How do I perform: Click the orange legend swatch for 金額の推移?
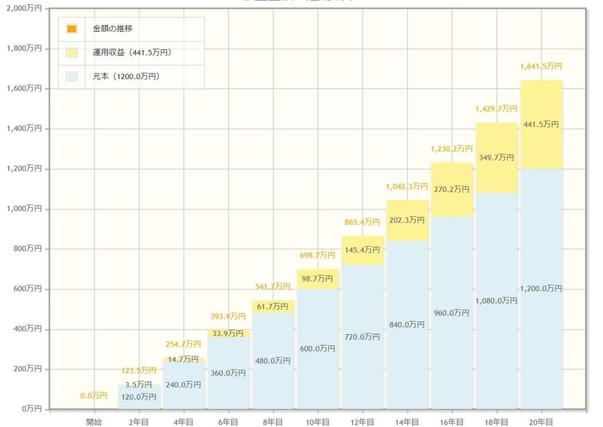coord(72,29)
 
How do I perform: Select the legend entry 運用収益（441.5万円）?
coord(131,53)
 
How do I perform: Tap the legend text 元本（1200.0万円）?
coord(125,76)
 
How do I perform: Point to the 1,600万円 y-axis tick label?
coord(24,89)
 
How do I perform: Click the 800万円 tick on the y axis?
coord(27,249)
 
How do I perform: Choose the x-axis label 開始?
coord(94,421)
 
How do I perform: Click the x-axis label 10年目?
coord(317,421)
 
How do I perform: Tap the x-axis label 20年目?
coord(541,421)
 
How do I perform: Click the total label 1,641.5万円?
coord(541,67)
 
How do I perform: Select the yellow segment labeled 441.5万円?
coord(541,124)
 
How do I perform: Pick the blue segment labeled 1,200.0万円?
coord(541,288)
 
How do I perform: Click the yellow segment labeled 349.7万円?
coord(496,158)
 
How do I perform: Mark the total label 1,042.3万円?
coord(406,186)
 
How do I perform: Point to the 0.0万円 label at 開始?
coord(94,396)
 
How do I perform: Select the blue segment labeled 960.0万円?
coord(451,313)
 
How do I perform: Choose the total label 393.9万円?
coord(227,316)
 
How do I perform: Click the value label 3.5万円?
coord(139,385)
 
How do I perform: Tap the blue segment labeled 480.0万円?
coord(272,360)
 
